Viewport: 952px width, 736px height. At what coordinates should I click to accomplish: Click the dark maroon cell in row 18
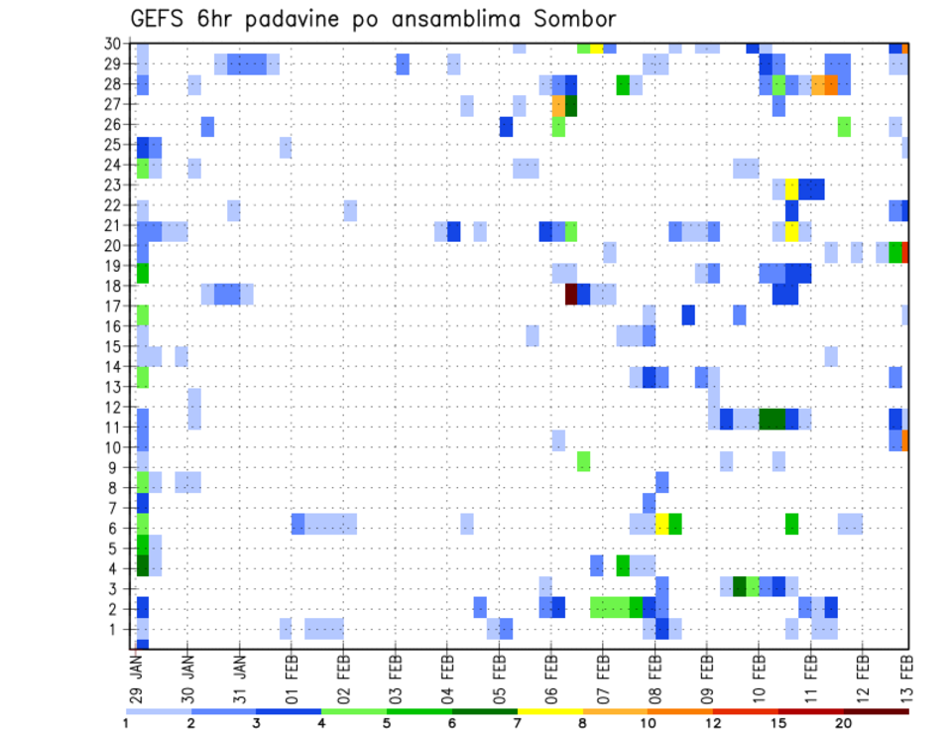571,295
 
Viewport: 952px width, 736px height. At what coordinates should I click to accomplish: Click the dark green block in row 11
772,419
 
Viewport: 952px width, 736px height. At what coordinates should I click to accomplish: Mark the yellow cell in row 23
791,188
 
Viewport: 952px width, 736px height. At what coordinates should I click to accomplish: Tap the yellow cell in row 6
662,524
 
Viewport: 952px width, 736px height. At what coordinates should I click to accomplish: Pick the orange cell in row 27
558,105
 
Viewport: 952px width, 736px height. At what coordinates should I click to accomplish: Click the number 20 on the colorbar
844,722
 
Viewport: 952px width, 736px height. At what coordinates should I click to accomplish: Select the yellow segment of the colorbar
550,711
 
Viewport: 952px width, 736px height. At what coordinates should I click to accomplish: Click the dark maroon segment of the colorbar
876,711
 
